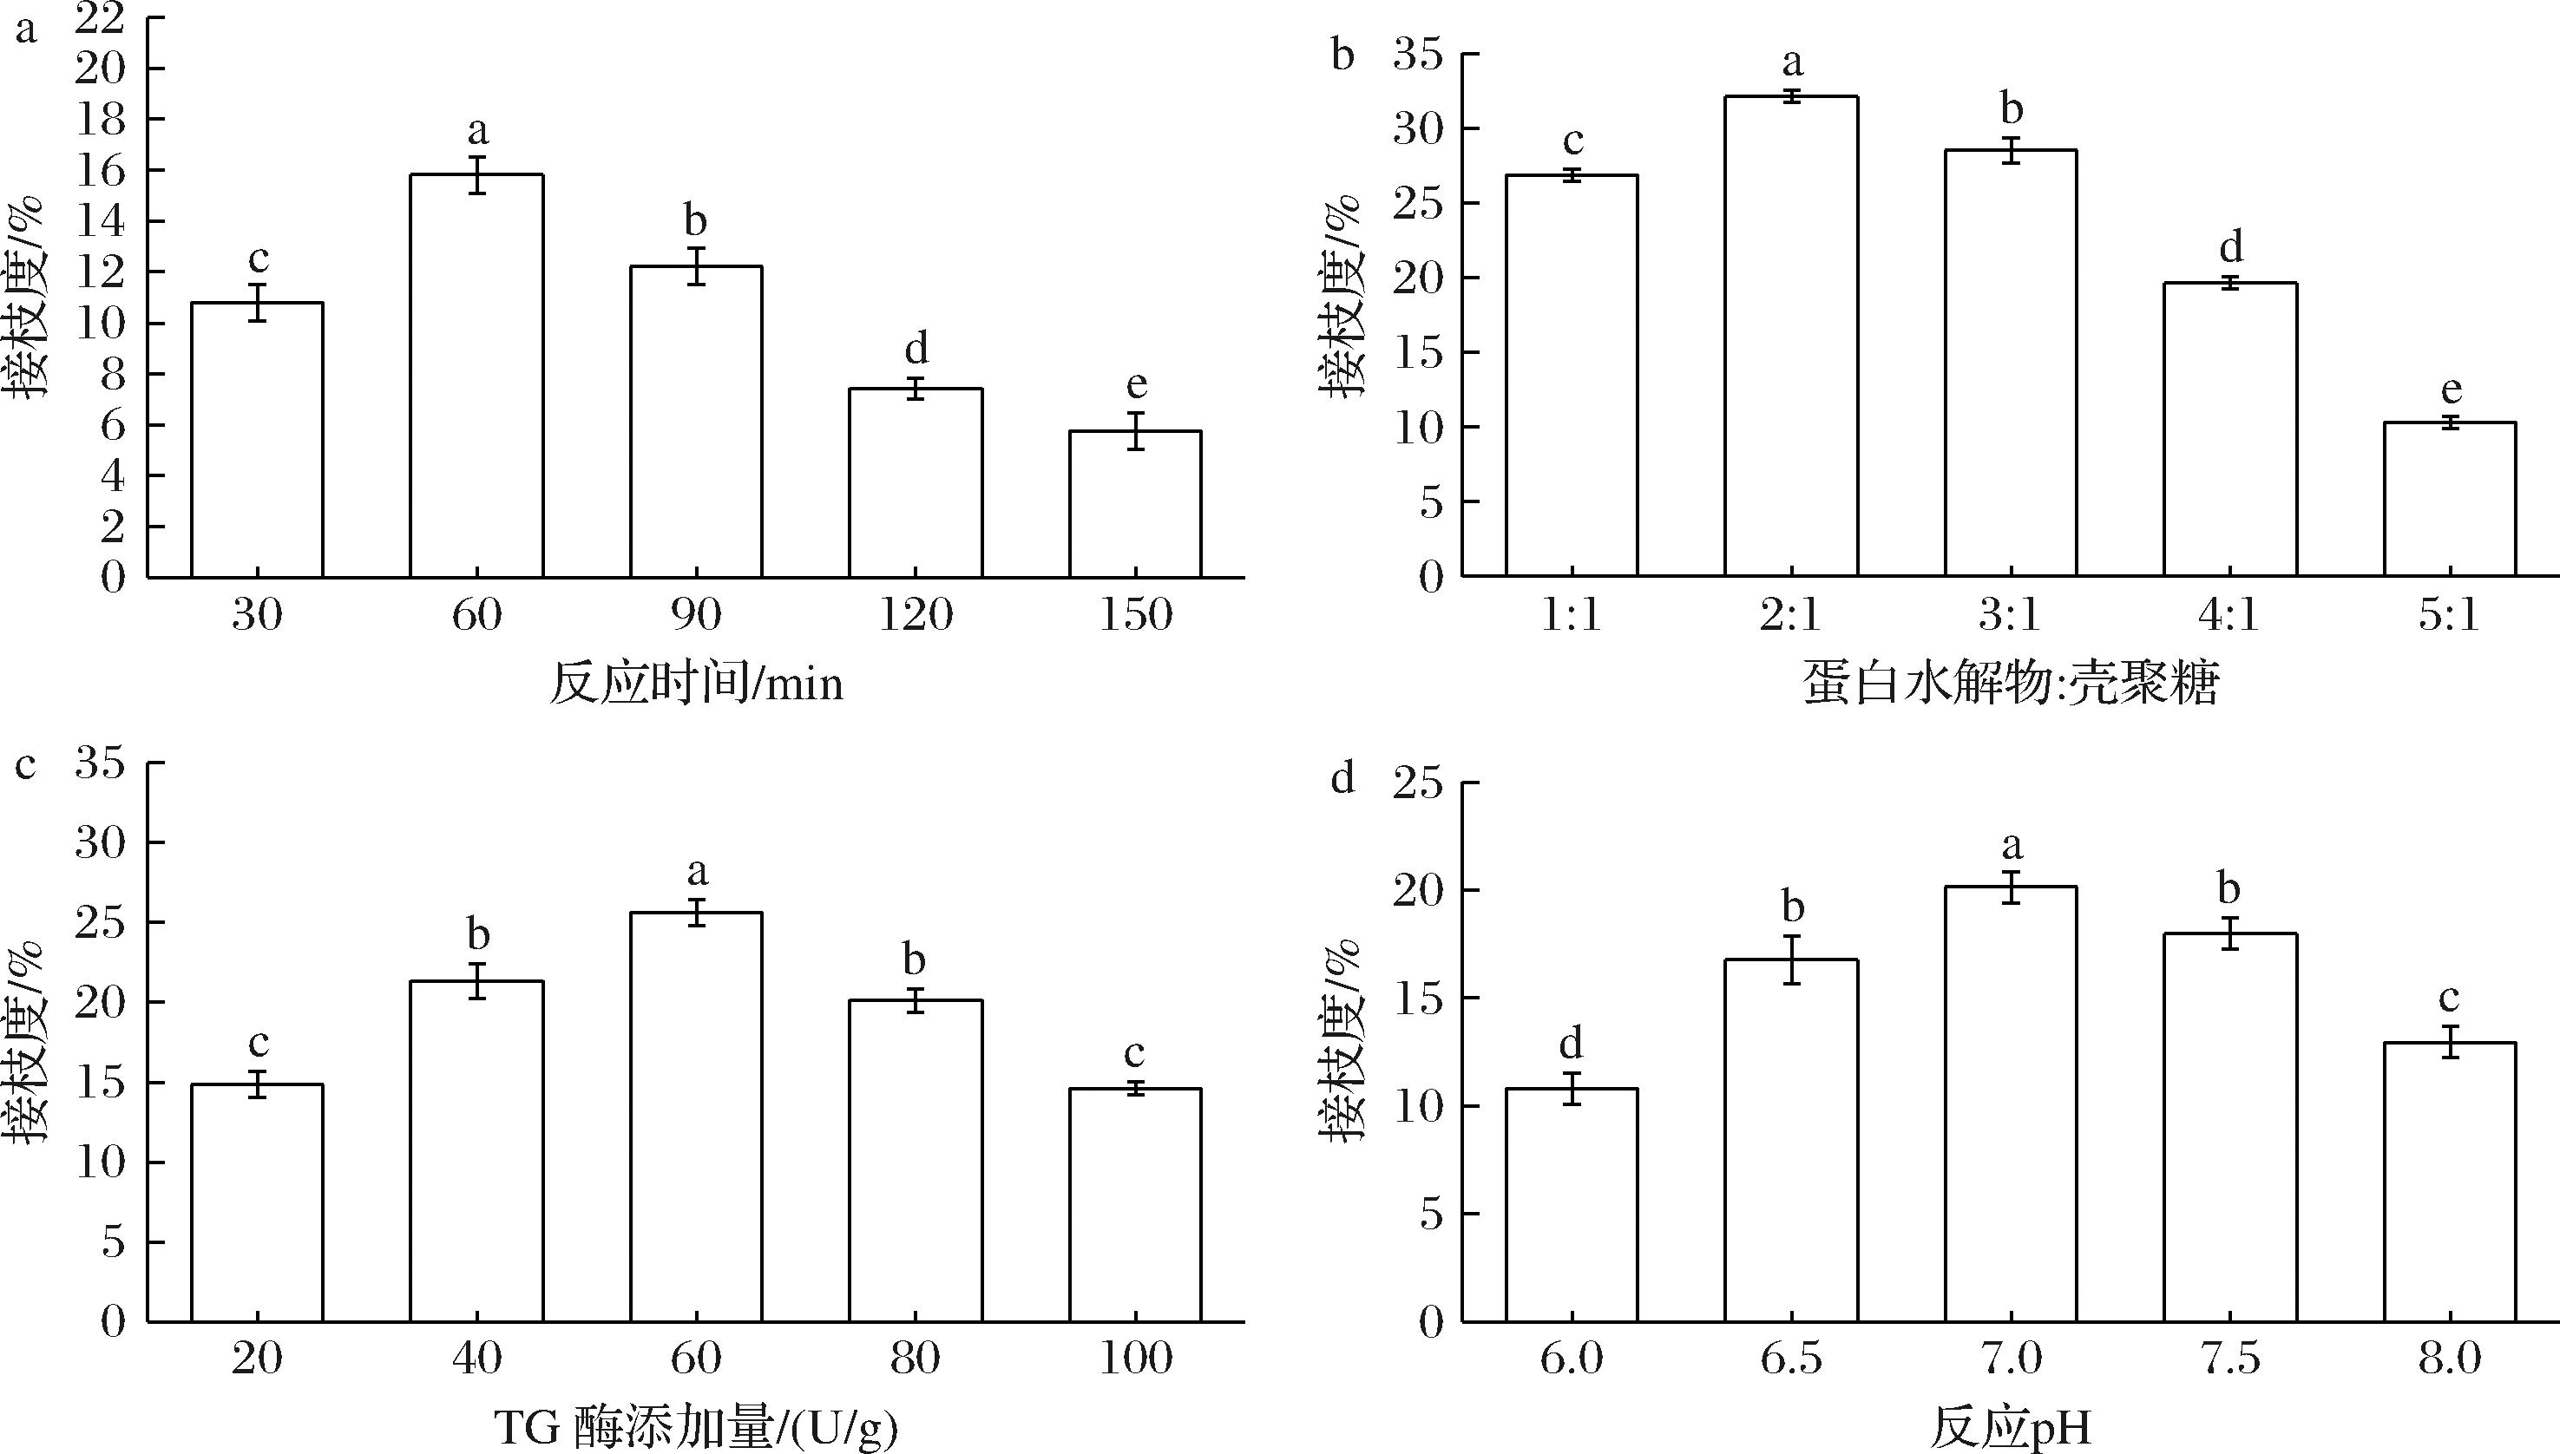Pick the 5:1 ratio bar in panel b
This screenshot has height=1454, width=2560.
2450,500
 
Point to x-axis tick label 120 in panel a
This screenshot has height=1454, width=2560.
915,615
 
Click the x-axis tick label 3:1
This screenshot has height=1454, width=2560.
2011,615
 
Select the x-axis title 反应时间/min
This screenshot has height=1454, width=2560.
696,685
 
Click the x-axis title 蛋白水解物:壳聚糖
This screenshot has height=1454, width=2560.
2011,685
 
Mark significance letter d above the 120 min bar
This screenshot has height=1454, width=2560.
916,350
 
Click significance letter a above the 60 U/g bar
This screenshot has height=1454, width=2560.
697,872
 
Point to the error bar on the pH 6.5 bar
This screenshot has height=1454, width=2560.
1792,960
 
